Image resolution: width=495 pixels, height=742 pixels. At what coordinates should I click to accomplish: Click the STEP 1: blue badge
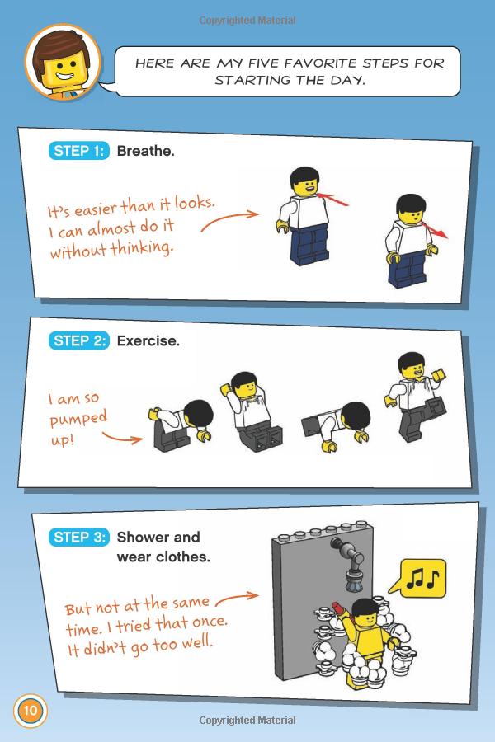[78, 151]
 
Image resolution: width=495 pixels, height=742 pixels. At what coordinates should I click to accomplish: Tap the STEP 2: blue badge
[78, 340]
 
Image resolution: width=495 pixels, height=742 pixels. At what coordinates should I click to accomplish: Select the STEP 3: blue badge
[78, 537]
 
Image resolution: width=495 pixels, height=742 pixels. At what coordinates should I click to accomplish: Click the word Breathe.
[145, 151]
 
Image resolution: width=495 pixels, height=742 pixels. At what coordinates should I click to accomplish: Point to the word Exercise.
[148, 340]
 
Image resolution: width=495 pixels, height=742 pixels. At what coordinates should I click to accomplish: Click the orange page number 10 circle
[31, 711]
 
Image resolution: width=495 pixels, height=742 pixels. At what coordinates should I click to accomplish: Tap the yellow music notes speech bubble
[419, 578]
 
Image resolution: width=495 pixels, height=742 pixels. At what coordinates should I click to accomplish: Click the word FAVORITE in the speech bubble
[321, 63]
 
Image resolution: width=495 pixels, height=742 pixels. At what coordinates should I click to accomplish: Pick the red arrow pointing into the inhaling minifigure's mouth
[332, 200]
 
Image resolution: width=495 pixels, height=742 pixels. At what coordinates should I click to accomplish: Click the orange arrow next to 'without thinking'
[229, 220]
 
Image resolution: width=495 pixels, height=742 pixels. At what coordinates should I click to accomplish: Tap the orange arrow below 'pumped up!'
[122, 439]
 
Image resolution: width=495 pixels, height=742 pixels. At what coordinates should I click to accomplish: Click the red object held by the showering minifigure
[337, 608]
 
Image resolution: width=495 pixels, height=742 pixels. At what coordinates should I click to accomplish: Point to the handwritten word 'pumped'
[78, 419]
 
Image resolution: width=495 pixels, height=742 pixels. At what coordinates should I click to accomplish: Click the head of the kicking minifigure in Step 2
[412, 366]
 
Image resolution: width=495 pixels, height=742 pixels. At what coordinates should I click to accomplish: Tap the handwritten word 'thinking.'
[142, 248]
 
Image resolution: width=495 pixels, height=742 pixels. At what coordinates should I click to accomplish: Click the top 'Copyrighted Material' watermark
[247, 21]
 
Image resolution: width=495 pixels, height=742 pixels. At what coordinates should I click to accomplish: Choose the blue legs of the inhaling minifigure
[309, 245]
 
